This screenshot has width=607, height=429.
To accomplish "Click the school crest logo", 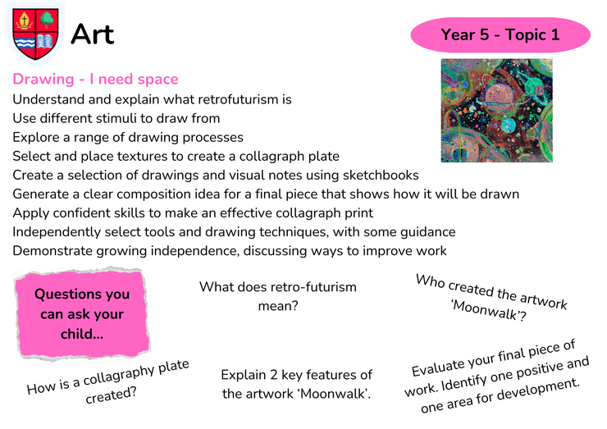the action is tap(35, 34).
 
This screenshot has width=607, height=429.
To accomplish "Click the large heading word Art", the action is tap(93, 34).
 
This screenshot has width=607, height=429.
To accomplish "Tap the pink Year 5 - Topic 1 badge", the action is tap(500, 34).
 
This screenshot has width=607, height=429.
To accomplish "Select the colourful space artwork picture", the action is tap(496, 111).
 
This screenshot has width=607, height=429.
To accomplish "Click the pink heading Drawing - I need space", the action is tap(96, 79).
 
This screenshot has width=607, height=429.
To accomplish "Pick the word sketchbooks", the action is tap(381, 175).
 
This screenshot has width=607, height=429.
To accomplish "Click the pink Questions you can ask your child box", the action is tap(82, 313).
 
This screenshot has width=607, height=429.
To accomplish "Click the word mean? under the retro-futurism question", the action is tap(278, 306).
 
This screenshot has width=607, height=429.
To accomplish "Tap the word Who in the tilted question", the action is tap(430, 281).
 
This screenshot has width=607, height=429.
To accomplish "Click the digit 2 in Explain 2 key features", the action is tap(274, 375).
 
